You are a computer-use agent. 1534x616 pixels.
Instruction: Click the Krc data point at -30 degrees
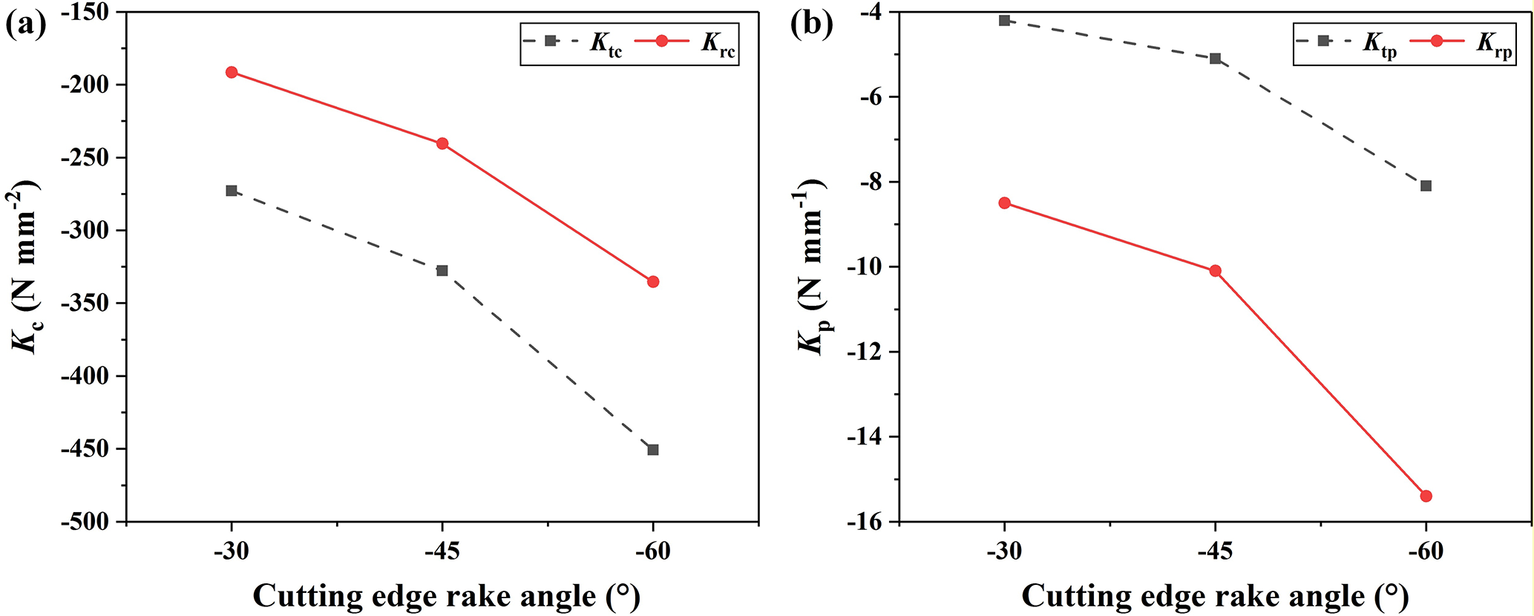pos(232,72)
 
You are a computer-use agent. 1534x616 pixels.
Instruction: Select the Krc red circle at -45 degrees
pos(442,143)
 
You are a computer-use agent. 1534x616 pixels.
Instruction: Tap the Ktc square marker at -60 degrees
pos(653,450)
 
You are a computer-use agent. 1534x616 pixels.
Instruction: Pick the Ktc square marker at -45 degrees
pos(442,270)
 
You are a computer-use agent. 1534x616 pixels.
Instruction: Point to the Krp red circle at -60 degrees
pos(1426,496)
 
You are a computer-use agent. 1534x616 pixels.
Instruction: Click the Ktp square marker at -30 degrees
pos(1004,20)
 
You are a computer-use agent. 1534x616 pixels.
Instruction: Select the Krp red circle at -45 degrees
pos(1215,271)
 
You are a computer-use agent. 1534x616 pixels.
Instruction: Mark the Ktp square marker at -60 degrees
pos(1426,186)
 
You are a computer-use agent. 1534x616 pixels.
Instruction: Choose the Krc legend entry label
pos(718,43)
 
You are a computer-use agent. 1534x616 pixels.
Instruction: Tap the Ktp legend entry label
pos(1380,43)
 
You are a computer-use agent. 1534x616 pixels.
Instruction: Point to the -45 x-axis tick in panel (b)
pos(1215,553)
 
